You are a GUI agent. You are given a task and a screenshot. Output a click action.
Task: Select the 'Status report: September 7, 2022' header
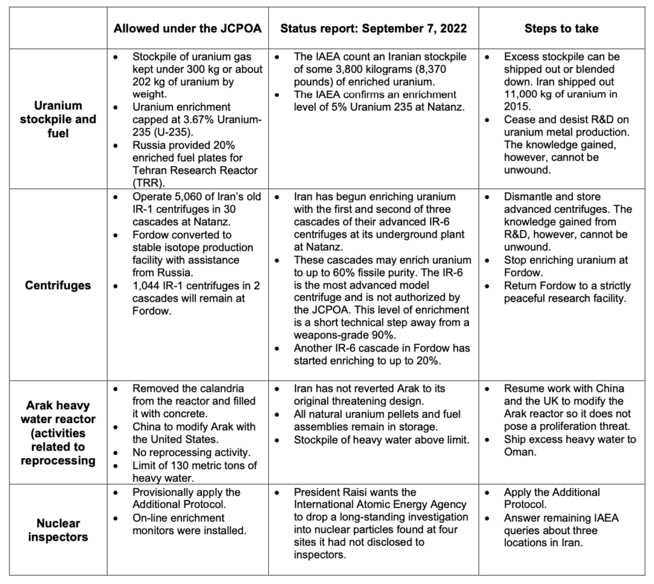click(x=373, y=29)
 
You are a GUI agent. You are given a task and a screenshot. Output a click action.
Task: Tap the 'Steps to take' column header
click(x=561, y=29)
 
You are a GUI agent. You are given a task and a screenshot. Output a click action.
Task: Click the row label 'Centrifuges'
click(x=57, y=285)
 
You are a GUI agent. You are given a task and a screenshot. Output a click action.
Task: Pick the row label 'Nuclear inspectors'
click(x=57, y=530)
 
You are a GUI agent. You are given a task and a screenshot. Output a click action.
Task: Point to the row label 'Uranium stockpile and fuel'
click(x=57, y=119)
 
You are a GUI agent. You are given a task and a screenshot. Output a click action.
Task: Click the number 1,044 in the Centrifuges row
click(x=148, y=285)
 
